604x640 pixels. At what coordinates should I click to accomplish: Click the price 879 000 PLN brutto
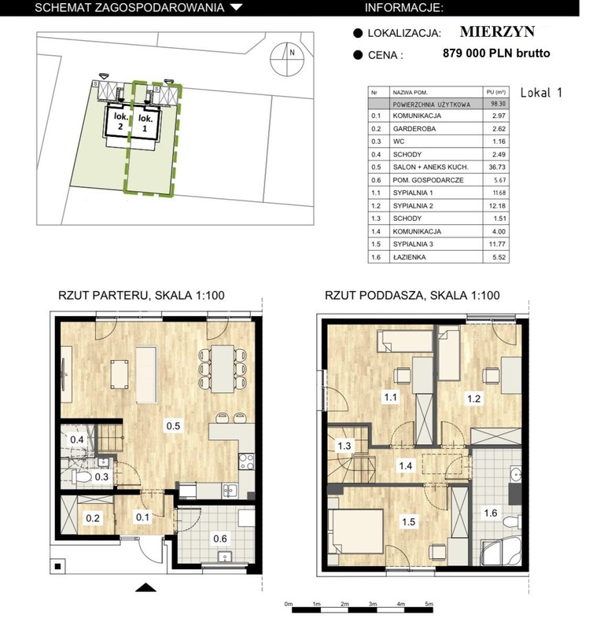496,53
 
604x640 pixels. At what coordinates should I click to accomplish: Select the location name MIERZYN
497,31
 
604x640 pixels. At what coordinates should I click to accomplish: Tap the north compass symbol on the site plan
288,59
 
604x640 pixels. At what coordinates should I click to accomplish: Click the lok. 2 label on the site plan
120,121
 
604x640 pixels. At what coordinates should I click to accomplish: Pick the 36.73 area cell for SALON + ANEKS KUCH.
496,167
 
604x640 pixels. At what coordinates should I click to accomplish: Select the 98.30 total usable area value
499,104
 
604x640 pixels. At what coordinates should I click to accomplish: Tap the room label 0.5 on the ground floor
173,425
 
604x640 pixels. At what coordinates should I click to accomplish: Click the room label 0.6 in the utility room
220,539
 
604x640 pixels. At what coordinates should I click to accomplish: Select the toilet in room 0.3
80,476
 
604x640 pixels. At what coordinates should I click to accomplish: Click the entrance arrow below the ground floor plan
145,587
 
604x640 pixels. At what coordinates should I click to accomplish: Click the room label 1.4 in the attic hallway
406,465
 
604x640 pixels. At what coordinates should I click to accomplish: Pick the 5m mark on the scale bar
429,604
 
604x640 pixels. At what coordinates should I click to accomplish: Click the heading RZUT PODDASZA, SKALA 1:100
412,295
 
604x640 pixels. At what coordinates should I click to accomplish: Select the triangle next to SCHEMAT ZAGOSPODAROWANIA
237,7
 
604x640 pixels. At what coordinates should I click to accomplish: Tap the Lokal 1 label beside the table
541,93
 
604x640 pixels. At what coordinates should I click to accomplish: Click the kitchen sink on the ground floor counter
229,490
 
